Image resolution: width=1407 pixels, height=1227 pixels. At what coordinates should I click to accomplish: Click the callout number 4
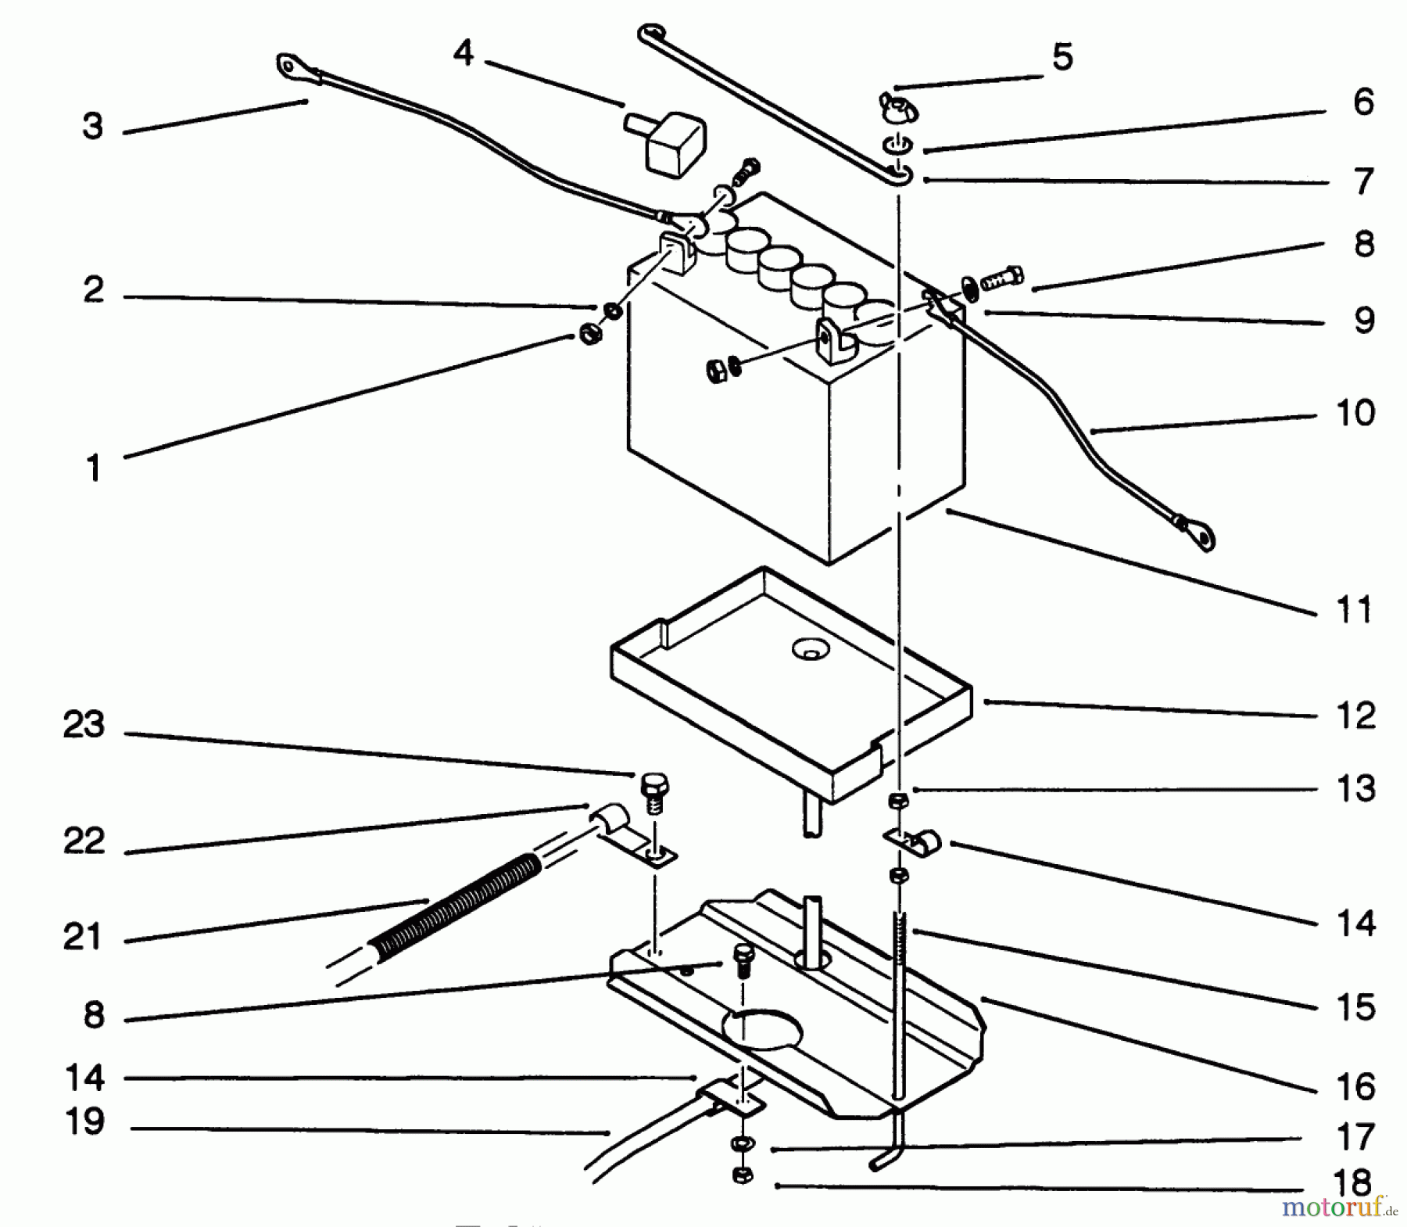coord(464,54)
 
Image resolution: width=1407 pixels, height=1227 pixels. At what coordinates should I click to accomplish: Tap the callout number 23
coord(84,725)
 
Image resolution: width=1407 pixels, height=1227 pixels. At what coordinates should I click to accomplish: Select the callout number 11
coord(1355,611)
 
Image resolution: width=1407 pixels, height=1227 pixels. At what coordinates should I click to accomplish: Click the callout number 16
coord(1356,1087)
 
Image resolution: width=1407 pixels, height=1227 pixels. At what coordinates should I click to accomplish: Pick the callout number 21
coord(84,936)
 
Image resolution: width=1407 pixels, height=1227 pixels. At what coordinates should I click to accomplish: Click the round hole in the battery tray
coord(810,648)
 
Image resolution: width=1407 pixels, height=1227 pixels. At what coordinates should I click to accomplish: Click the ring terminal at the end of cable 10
coord(1198,536)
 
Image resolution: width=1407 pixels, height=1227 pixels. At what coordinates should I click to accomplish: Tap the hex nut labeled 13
coord(899,800)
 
